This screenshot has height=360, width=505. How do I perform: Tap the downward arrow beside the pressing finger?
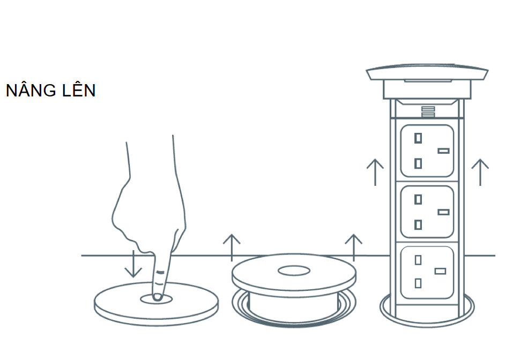tap(133, 264)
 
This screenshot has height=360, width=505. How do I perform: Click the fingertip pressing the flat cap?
tap(157, 297)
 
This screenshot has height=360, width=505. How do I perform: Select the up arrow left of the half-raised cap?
tap(232, 248)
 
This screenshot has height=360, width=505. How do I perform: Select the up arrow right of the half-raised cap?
tap(354, 248)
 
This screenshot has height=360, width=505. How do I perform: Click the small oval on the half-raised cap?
tap(294, 271)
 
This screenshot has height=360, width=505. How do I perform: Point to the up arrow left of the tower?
tap(375, 172)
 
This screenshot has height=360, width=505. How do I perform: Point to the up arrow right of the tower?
tap(480, 172)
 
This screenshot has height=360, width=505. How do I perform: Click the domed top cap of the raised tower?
tap(427, 72)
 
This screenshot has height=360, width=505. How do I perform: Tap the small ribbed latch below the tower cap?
tap(428, 112)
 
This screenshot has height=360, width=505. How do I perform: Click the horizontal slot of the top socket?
tap(443, 151)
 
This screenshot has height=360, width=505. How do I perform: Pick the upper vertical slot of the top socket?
tap(418, 138)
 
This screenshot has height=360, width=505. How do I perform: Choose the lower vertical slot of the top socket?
tap(418, 163)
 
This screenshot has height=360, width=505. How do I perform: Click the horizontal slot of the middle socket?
tap(443, 212)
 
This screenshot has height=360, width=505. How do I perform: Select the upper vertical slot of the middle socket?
tap(418, 199)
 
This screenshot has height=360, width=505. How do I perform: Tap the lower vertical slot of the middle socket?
tap(418, 224)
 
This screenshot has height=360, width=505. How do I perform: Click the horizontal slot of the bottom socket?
tap(440, 271)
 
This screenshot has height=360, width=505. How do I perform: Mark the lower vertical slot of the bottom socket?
tap(418, 283)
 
